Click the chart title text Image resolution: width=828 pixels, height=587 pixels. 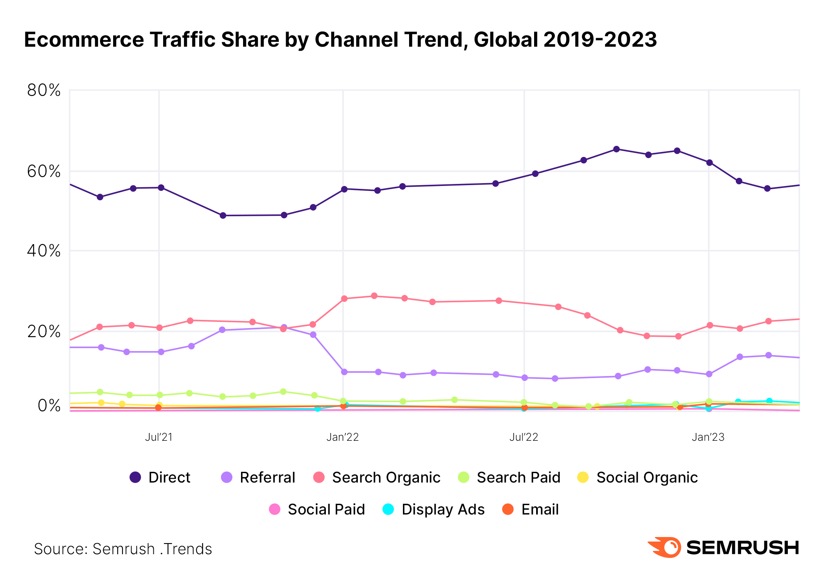pos(340,40)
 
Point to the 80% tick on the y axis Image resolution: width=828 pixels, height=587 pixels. pos(43,91)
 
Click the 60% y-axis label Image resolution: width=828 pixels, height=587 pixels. pos(43,171)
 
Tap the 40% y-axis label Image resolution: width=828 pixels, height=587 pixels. pos(43,251)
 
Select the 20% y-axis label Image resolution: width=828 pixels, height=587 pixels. pos(43,331)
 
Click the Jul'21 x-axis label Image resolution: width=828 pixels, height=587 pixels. pos(159,437)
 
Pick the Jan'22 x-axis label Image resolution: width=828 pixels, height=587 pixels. pos(343,437)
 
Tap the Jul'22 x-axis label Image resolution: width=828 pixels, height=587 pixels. pos(524,437)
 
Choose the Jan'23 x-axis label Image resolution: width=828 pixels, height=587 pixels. pos(708,437)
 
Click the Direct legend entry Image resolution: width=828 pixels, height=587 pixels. pos(160,477)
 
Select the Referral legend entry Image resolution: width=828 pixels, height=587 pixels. pos(258,477)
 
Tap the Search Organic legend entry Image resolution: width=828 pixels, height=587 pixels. pos(377,477)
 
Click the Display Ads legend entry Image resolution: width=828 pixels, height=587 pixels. pos(434,509)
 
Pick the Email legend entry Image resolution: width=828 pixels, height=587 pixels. pos(531,509)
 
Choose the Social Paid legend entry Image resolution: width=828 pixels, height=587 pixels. pos(317,509)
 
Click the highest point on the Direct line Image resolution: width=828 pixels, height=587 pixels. pos(616,149)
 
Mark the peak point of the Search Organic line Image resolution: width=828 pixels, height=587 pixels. pos(374,296)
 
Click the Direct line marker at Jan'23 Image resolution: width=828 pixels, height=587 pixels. pos(709,163)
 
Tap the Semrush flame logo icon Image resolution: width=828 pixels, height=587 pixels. pos(664,547)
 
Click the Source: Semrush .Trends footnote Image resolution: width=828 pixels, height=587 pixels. pos(123,549)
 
